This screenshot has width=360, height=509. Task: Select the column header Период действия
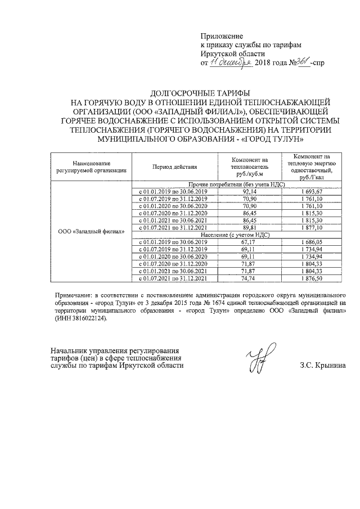tap(174, 167)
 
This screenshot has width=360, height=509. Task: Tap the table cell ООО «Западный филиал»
tap(91, 232)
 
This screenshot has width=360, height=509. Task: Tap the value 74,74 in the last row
tap(249, 278)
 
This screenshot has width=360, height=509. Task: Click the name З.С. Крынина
tap(323, 366)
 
